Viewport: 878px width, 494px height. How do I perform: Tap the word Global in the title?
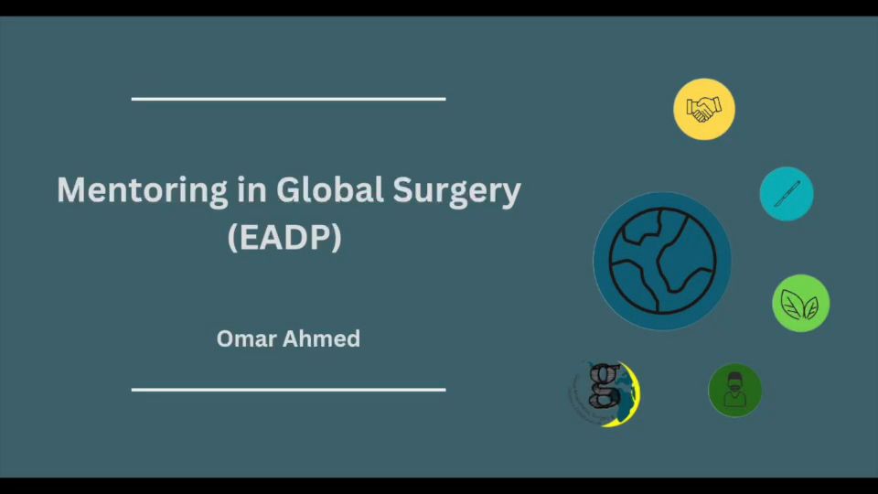[330, 189]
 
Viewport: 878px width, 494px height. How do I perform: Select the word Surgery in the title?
[456, 192]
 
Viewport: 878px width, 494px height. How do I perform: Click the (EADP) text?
[284, 238]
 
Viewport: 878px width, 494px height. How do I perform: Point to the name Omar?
[245, 338]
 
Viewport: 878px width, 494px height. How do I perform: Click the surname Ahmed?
[321, 338]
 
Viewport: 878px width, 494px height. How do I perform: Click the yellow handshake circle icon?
[704, 109]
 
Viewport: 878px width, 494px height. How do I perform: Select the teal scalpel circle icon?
[787, 194]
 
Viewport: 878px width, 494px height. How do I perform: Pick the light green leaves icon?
[801, 303]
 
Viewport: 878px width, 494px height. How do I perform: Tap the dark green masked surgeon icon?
[734, 391]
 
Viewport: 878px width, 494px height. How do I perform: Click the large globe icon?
[662, 261]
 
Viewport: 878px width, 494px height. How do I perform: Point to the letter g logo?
[605, 393]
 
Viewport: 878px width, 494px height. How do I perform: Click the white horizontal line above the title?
[288, 99]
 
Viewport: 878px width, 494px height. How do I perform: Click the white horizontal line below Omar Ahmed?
[288, 390]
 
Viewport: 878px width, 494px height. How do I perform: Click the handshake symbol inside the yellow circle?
[704, 109]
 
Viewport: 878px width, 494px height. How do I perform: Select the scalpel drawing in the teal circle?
[787, 194]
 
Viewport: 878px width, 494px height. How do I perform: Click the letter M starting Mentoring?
[70, 190]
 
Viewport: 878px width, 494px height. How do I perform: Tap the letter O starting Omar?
[225, 338]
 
